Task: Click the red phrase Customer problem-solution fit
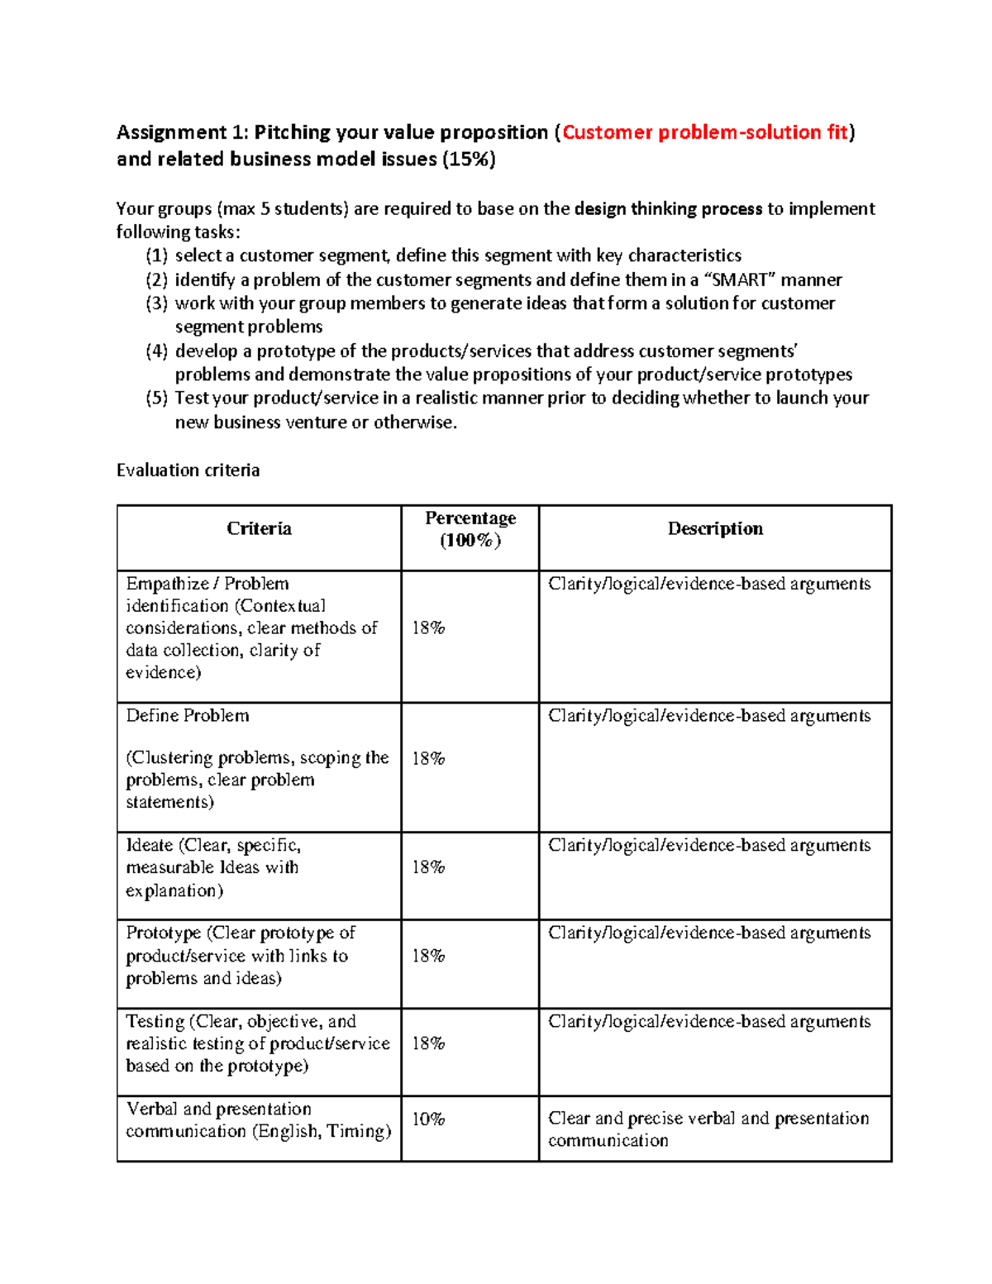[x=705, y=132]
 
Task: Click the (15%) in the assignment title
[x=469, y=159]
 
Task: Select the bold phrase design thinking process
[x=668, y=208]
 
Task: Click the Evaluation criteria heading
[x=188, y=470]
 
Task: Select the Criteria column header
[x=259, y=529]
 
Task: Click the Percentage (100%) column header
[x=470, y=529]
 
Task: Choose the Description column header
[x=715, y=529]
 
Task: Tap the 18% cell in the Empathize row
[x=428, y=628]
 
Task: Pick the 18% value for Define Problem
[x=428, y=759]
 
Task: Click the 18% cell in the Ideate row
[x=428, y=867]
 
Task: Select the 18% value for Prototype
[x=428, y=956]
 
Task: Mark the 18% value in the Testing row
[x=428, y=1043]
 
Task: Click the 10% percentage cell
[x=428, y=1119]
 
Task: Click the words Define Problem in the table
[x=188, y=716]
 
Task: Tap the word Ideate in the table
[x=150, y=846]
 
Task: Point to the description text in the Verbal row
[x=708, y=1129]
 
